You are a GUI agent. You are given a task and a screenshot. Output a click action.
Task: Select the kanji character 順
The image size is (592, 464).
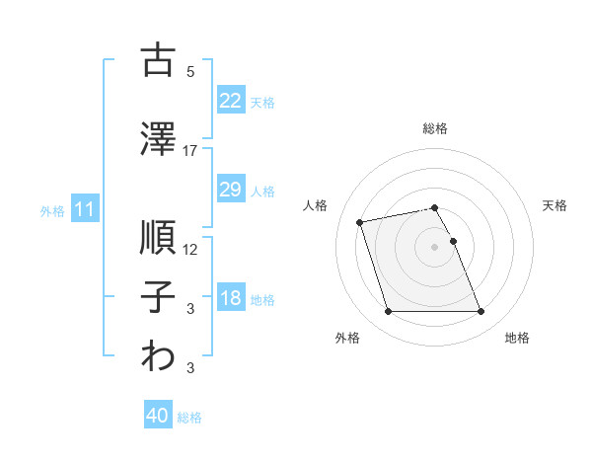158,236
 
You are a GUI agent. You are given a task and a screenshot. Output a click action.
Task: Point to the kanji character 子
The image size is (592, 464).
158,297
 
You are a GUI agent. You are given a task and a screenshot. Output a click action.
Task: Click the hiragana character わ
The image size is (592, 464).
158,356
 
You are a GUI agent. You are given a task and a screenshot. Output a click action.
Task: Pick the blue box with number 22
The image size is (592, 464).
230,101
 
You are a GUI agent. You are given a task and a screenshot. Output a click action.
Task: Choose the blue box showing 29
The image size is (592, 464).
230,190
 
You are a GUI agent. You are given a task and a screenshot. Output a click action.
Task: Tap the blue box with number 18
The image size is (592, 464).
230,298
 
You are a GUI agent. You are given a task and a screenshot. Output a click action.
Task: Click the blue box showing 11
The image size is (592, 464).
84,209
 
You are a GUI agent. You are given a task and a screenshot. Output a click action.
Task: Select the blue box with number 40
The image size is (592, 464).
158,416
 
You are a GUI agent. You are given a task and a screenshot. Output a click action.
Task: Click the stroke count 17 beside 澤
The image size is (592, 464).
190,150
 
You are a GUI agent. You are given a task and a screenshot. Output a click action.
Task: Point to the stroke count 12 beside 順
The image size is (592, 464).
190,249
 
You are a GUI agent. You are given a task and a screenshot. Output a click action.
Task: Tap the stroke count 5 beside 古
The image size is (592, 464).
190,71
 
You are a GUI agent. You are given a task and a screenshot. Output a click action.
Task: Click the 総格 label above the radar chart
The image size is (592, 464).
435,128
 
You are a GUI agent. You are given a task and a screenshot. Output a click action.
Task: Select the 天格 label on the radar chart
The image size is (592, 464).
555,205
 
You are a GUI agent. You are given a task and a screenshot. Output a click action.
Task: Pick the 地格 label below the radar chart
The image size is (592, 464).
517,338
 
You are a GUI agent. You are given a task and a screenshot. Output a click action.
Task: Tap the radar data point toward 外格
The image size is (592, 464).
388,312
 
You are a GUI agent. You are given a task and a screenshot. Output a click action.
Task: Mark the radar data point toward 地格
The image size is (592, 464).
481,312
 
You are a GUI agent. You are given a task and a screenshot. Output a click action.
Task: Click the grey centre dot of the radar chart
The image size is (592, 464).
435,247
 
